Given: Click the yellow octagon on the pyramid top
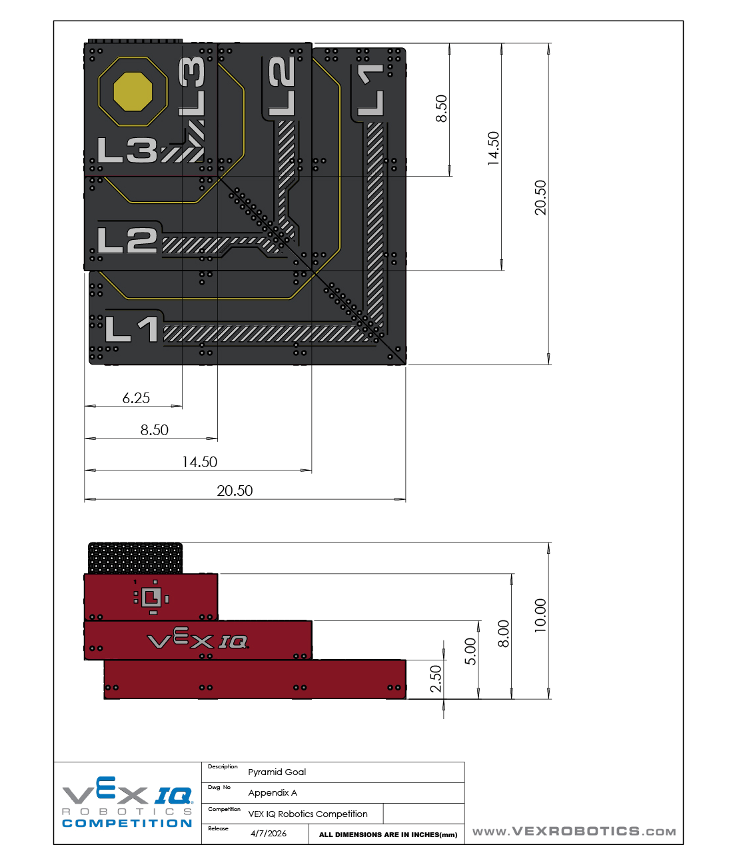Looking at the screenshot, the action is [x=133, y=92].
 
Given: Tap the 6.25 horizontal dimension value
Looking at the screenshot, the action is [x=136, y=398].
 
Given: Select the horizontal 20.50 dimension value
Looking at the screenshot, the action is [x=235, y=490].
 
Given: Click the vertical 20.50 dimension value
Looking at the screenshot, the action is [x=540, y=197].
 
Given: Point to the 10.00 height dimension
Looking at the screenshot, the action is [x=540, y=616].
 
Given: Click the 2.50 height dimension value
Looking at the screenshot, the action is [x=436, y=679].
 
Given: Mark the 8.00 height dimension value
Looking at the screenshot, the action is [x=503, y=634].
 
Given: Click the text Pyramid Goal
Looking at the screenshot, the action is [x=277, y=772].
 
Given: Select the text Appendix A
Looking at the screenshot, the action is [x=273, y=793].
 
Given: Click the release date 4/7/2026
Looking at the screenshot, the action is [x=269, y=834].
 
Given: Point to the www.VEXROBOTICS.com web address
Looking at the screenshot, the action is [x=574, y=831].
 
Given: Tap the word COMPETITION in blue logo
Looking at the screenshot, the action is [x=127, y=824].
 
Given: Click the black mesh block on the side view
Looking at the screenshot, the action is [x=135, y=558].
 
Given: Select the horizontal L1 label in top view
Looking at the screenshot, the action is [x=131, y=329].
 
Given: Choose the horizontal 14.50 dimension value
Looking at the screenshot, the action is [x=199, y=462].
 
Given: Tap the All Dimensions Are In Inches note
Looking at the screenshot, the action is [x=388, y=835].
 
